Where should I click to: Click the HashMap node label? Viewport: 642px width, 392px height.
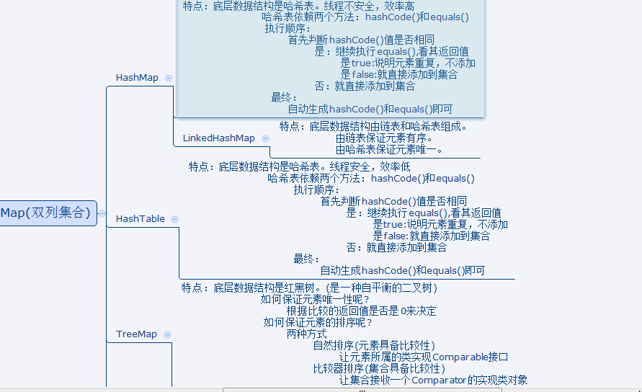(x=137, y=78)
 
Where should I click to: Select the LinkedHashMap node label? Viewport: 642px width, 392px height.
(x=218, y=138)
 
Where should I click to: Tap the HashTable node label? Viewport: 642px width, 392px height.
(x=140, y=218)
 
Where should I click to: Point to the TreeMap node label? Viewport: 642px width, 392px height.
(x=136, y=334)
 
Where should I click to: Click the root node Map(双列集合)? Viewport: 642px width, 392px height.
(x=46, y=213)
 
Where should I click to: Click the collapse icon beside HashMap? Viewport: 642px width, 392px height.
(x=169, y=78)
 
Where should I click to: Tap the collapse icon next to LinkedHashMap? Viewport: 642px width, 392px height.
(x=265, y=138)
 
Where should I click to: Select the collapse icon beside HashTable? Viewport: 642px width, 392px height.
(x=174, y=218)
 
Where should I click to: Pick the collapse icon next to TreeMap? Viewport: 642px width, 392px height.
(x=167, y=334)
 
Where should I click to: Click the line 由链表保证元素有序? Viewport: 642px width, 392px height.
(x=384, y=138)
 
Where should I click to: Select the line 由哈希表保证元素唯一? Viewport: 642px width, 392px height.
(x=389, y=150)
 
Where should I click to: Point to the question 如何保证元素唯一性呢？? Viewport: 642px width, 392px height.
(x=315, y=300)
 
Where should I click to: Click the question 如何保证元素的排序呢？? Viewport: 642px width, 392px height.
(x=318, y=323)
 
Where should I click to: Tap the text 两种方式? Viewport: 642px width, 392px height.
(x=306, y=334)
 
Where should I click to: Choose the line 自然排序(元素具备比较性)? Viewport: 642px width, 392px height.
(x=374, y=346)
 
